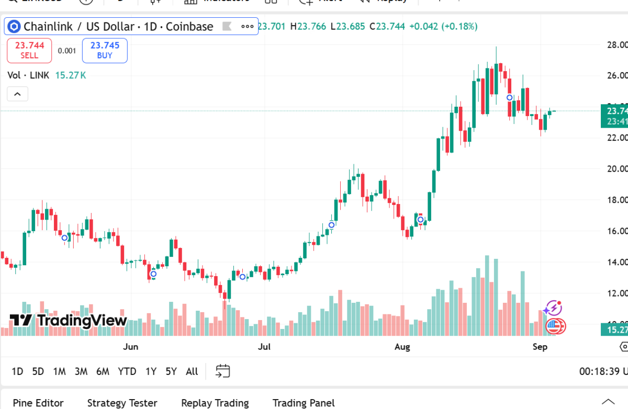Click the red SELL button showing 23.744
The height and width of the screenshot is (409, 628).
(29, 50)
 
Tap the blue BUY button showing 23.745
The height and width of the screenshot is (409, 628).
(105, 50)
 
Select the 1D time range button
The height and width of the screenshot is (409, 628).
(17, 371)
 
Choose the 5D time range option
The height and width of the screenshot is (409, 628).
(38, 371)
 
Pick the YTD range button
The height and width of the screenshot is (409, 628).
(127, 371)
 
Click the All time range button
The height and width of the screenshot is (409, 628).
(192, 371)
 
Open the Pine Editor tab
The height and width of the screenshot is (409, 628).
(38, 403)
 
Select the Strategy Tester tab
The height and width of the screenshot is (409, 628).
(122, 403)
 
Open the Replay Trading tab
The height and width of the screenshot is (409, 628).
(215, 403)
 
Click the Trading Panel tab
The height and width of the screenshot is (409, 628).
(304, 403)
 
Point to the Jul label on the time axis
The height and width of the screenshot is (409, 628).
(264, 347)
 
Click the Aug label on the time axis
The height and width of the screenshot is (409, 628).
(402, 347)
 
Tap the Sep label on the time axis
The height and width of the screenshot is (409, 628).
(540, 347)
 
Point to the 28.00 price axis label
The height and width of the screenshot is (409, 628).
(617, 45)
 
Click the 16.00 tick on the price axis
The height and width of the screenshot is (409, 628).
(617, 231)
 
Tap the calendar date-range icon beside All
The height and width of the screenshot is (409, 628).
(223, 371)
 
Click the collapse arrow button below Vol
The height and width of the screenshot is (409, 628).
(17, 94)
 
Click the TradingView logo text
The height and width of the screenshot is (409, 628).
(69, 320)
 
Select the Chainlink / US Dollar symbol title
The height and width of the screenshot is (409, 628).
(118, 26)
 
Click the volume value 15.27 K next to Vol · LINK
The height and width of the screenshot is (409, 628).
(71, 75)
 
